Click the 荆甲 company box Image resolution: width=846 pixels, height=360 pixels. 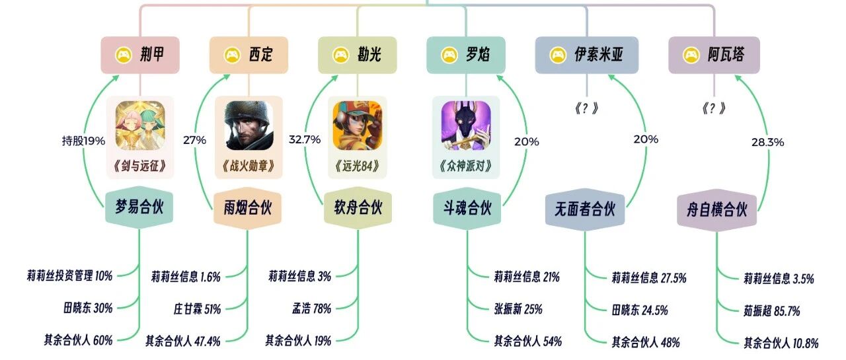(x=140, y=55)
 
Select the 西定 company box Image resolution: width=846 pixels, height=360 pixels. (x=249, y=55)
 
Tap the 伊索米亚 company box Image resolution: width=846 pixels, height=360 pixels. (x=587, y=55)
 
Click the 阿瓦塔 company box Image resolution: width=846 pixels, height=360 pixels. (x=714, y=55)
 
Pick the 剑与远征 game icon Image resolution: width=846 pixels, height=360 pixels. (x=140, y=126)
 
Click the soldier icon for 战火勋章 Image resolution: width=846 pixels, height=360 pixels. (x=249, y=126)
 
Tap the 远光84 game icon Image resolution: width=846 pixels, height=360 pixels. (x=358, y=126)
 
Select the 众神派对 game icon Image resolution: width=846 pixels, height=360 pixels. (x=466, y=126)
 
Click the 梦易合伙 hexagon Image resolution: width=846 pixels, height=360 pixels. (x=139, y=207)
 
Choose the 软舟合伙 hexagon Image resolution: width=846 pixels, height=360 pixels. (x=358, y=208)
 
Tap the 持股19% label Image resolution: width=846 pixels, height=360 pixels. (x=83, y=141)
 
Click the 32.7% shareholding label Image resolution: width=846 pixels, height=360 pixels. (x=305, y=139)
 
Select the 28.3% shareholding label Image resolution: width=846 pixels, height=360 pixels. (x=768, y=142)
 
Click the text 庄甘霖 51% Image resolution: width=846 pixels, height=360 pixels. (x=197, y=309)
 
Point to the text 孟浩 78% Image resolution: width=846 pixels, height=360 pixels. (x=311, y=308)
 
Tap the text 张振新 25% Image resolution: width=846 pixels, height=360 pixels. (x=518, y=309)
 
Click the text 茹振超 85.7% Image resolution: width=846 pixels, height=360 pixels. (x=772, y=311)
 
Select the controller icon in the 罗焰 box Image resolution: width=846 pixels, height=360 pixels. (x=449, y=55)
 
